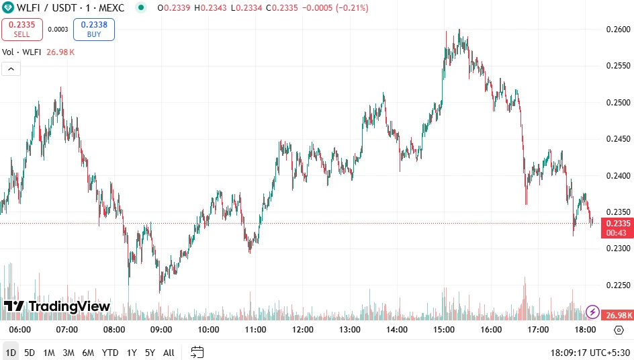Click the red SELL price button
tap(22, 29)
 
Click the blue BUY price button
tap(94, 29)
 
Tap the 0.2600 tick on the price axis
tap(618, 30)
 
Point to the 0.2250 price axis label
tap(618, 285)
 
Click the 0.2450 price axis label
tap(618, 139)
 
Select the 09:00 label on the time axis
tap(161, 330)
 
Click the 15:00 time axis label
tap(445, 330)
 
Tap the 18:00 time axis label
tap(586, 330)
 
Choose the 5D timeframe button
tap(30, 353)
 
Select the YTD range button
tap(110, 353)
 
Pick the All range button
tap(169, 353)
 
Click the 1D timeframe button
tap(11, 353)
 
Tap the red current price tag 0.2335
tap(618, 224)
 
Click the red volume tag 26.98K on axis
tap(617, 315)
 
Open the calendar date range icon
tap(197, 352)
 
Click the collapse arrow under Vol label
tap(11, 69)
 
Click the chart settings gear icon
tap(619, 330)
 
